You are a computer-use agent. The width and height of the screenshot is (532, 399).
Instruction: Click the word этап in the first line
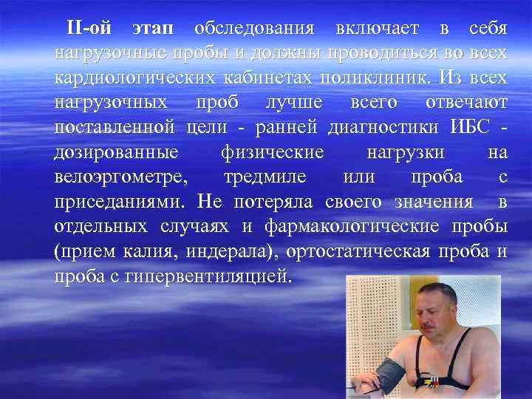153,29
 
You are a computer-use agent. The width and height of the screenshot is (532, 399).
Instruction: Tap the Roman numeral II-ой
89,28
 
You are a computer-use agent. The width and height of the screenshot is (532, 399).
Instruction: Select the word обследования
255,29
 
